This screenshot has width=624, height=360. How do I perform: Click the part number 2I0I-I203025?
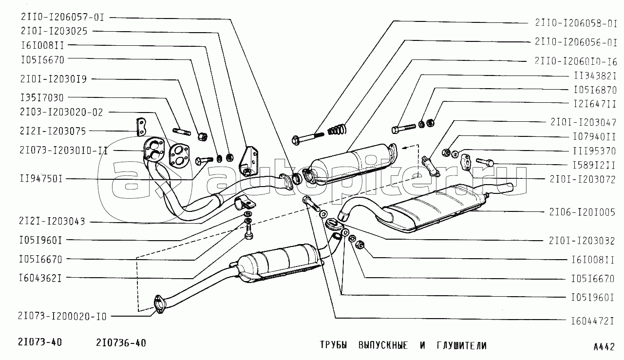tap(54, 31)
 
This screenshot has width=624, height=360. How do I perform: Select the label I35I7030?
tap(42, 98)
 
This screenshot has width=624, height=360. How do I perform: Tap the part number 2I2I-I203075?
tap(53, 131)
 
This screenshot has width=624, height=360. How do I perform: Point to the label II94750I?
tap(41, 179)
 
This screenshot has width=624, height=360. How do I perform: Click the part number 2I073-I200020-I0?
tap(62, 316)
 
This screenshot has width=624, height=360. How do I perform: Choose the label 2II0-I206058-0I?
tap(576, 23)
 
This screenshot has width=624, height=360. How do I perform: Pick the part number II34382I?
tap(595, 76)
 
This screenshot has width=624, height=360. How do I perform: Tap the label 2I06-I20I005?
tap(582, 212)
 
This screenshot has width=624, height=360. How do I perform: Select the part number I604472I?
tap(593, 321)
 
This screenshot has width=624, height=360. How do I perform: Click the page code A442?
tap(604, 347)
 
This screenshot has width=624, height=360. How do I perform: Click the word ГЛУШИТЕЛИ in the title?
tap(462, 345)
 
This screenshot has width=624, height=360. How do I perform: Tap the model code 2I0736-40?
tap(121, 343)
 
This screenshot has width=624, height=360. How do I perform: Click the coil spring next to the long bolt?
tap(337, 130)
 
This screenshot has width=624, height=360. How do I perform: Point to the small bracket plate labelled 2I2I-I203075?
tap(141, 127)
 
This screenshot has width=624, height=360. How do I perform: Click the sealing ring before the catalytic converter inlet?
tap(297, 178)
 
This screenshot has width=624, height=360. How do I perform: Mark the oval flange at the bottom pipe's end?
tap(160, 304)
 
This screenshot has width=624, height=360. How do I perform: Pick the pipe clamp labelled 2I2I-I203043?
tap(245, 203)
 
